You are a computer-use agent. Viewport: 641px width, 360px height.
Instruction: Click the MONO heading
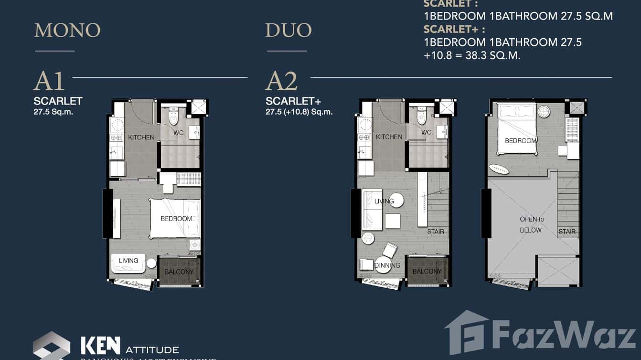[x=67, y=31]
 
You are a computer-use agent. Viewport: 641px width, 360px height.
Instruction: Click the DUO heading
[x=288, y=31]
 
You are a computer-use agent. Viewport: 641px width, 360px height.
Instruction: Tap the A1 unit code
[x=49, y=82]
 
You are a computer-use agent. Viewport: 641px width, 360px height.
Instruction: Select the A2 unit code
[x=281, y=82]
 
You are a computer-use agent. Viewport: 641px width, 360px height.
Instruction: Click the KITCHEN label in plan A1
[x=141, y=138]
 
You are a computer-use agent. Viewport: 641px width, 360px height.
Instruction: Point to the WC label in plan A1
[x=178, y=132]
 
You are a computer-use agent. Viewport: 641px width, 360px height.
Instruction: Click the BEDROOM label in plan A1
[x=176, y=219]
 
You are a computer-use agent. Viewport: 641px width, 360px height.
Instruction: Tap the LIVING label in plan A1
[x=128, y=261]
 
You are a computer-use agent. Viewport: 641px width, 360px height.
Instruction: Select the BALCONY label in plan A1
[x=179, y=272]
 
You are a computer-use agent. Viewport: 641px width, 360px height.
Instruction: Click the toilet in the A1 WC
[x=173, y=115]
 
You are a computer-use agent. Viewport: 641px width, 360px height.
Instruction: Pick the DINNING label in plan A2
[x=387, y=266]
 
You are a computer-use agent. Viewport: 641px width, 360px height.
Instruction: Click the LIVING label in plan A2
[x=384, y=201]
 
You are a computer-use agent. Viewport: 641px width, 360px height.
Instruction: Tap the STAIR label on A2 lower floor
[x=435, y=232]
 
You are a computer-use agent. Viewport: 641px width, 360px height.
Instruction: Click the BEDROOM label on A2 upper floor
[x=520, y=140]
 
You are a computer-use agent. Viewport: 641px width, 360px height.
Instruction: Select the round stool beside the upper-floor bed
[x=544, y=111]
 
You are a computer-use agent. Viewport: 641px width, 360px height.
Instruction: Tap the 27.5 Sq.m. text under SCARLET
[x=53, y=113]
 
